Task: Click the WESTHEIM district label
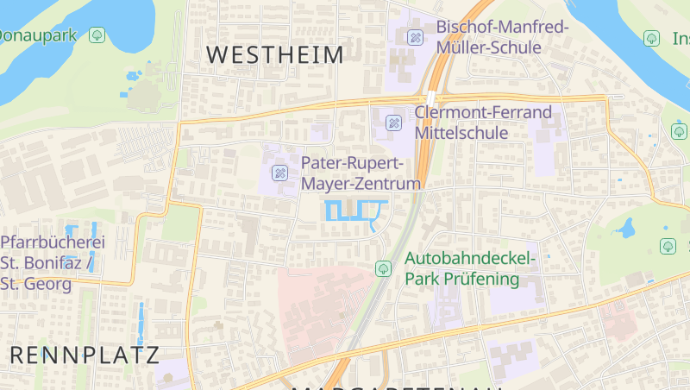[275, 55]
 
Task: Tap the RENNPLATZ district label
[85, 355]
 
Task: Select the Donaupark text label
[39, 35]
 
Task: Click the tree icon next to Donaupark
[97, 35]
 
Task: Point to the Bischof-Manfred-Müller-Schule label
[502, 37]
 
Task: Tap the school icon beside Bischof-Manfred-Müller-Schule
[415, 37]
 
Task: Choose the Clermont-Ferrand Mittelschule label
[482, 123]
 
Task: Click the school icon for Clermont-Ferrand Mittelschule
[393, 123]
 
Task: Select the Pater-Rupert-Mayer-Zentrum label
[361, 173]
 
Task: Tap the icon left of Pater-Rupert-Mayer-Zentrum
[279, 173]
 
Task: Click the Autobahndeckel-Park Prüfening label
[470, 268]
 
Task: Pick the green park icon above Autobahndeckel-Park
[383, 269]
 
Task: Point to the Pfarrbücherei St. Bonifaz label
[53, 252]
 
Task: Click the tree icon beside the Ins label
[652, 38]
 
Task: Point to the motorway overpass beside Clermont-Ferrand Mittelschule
[430, 98]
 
